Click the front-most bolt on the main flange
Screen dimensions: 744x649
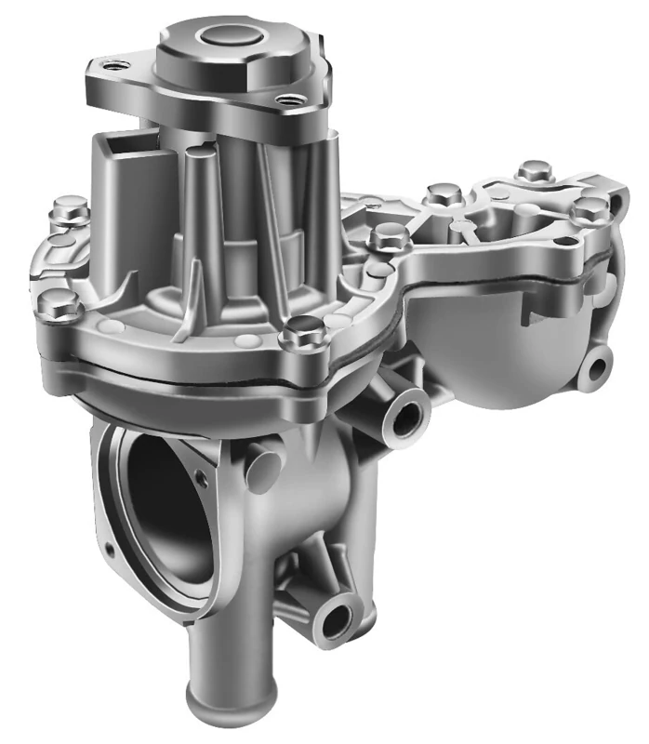point(300,331)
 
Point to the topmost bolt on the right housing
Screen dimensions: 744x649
point(534,171)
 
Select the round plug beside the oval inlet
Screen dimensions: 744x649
point(264,462)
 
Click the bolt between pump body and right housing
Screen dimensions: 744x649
point(384,238)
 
